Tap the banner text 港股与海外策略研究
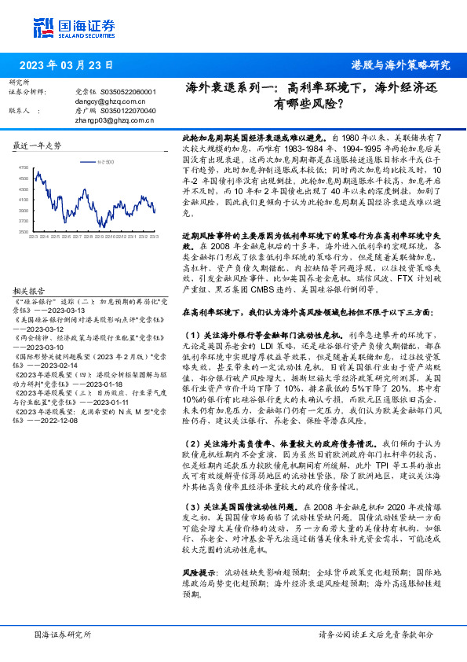(401, 65)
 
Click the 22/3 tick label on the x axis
(35, 237)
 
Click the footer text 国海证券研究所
(63, 634)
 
